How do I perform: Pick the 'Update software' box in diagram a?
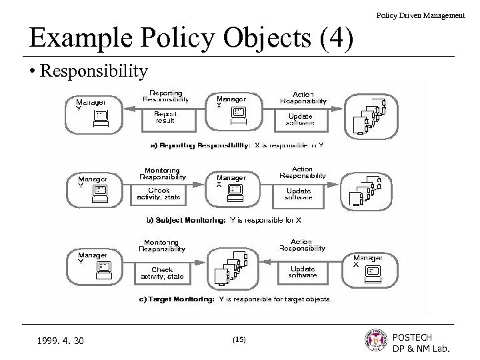[x=301, y=118]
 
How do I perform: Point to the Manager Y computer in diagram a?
[x=99, y=117]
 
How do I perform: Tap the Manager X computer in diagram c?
[x=372, y=271]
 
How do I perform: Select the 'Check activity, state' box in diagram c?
[x=163, y=273]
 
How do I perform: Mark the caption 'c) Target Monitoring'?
[x=177, y=299]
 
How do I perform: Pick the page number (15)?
[x=239, y=339]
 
